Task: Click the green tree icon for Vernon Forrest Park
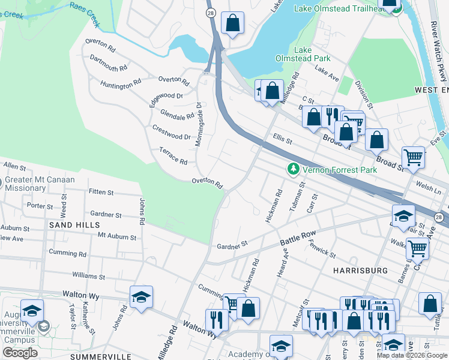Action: [x=293, y=170]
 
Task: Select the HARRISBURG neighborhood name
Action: [x=360, y=271]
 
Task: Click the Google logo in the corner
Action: [x=20, y=353]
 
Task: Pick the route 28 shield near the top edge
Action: [x=210, y=12]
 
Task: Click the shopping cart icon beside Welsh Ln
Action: [x=413, y=157]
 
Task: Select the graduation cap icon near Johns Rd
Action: [x=141, y=297]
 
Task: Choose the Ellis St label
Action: [x=281, y=139]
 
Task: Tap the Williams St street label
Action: [x=88, y=277]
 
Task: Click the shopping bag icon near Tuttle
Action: [x=430, y=304]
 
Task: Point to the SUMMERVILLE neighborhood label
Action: [x=101, y=356]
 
